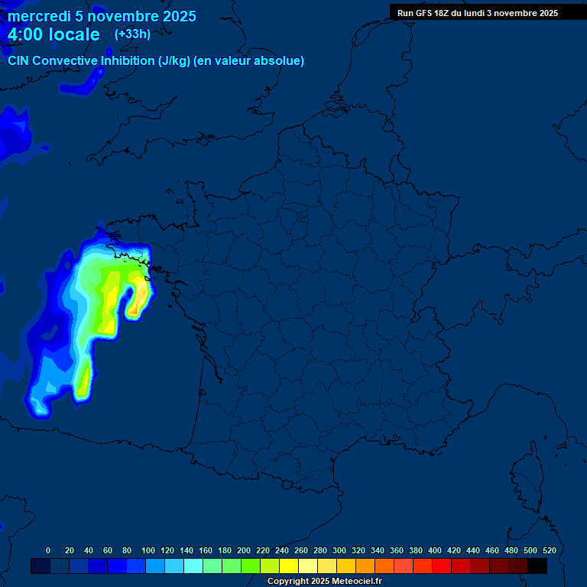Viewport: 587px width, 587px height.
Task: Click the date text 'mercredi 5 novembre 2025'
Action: tap(102, 16)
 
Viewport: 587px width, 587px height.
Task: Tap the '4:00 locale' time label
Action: tap(54, 34)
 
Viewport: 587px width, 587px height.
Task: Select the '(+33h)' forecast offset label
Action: tap(132, 34)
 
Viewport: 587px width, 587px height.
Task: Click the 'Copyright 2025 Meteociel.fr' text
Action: tap(324, 582)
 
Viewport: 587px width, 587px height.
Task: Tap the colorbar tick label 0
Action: tap(48, 550)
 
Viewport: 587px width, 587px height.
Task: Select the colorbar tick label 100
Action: tap(148, 550)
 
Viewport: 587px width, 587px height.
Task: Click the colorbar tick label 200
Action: tap(244, 550)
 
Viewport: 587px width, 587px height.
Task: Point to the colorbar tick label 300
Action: tap(339, 550)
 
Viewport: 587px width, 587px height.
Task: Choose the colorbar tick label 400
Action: tap(435, 550)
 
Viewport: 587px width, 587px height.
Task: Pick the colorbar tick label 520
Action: tap(549, 550)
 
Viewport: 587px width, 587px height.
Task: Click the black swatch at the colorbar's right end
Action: tap(537, 566)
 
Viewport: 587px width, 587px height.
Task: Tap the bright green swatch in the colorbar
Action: tap(251, 566)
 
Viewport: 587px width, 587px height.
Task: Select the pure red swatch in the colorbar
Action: tap(442, 566)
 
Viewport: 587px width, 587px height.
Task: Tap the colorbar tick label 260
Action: tap(301, 550)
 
